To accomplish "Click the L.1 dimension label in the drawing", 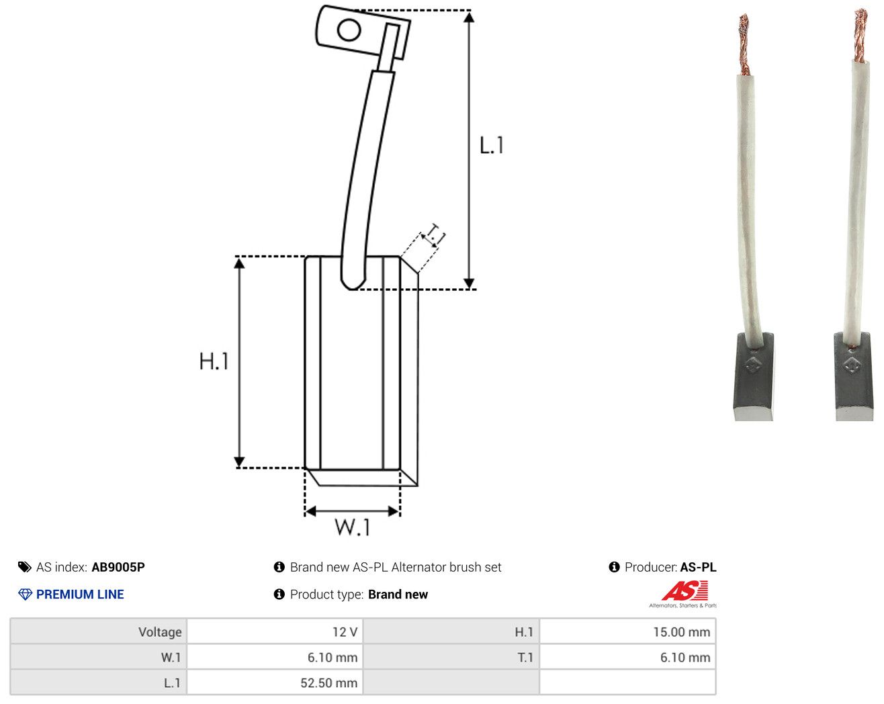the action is [x=492, y=145].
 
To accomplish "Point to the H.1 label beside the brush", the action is [x=214, y=361].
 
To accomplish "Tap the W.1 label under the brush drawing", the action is [x=353, y=527].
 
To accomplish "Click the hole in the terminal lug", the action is [x=349, y=30].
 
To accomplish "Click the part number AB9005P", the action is [x=118, y=567].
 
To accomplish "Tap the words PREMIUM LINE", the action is [x=80, y=595].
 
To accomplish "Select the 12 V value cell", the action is [x=274, y=631].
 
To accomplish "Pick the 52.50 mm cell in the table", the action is [x=274, y=683].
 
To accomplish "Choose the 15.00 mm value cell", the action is [x=627, y=631].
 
